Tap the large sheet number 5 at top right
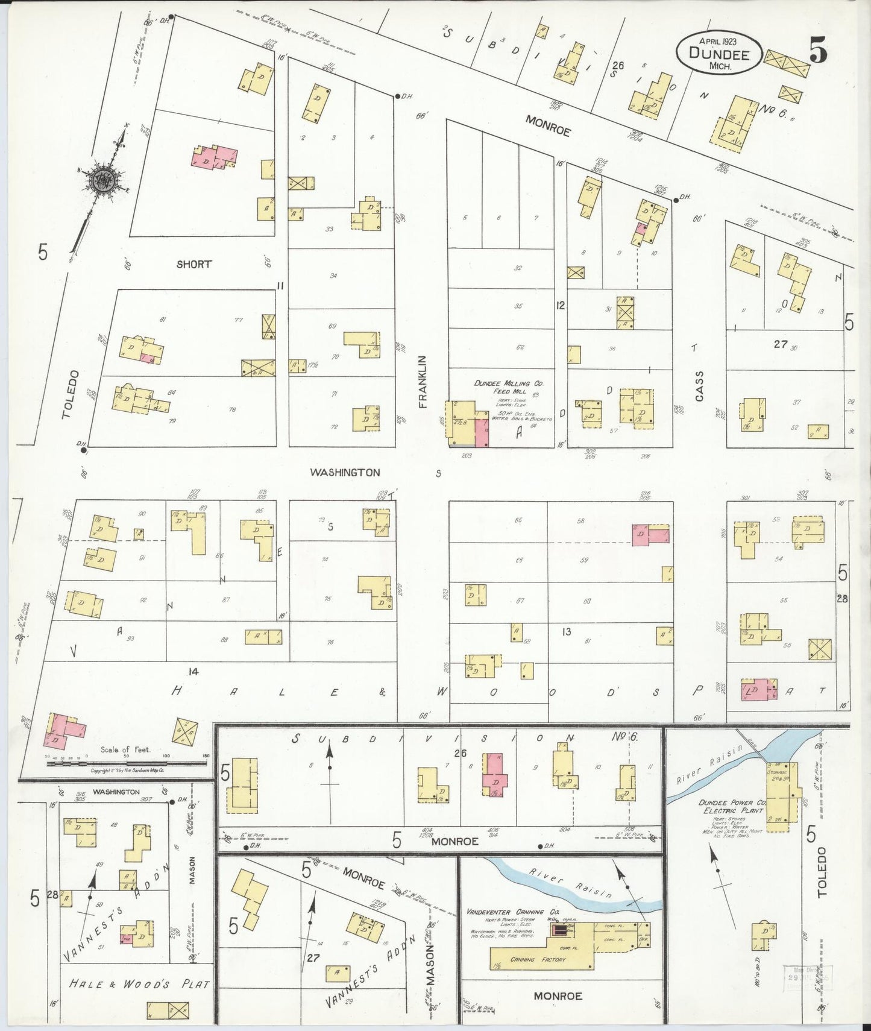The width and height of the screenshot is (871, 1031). pos(817,50)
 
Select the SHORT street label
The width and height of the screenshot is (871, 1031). pos(194,264)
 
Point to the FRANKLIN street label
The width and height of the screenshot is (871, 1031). pos(423,382)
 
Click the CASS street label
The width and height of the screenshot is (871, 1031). pos(699,386)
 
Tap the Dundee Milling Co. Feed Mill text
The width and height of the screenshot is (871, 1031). pos(502,387)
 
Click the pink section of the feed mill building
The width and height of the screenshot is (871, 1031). pos(482,433)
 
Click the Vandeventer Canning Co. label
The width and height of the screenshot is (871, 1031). pos(505,912)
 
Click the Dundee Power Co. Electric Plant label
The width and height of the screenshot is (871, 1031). pos(731,807)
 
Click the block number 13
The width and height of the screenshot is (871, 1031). pos(566,632)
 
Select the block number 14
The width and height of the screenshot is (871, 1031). pos(193,671)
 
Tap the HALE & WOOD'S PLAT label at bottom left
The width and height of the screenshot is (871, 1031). pos(139,984)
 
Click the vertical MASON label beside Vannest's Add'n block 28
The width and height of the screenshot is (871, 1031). pos(192,870)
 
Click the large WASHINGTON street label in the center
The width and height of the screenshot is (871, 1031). pos(345,473)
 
